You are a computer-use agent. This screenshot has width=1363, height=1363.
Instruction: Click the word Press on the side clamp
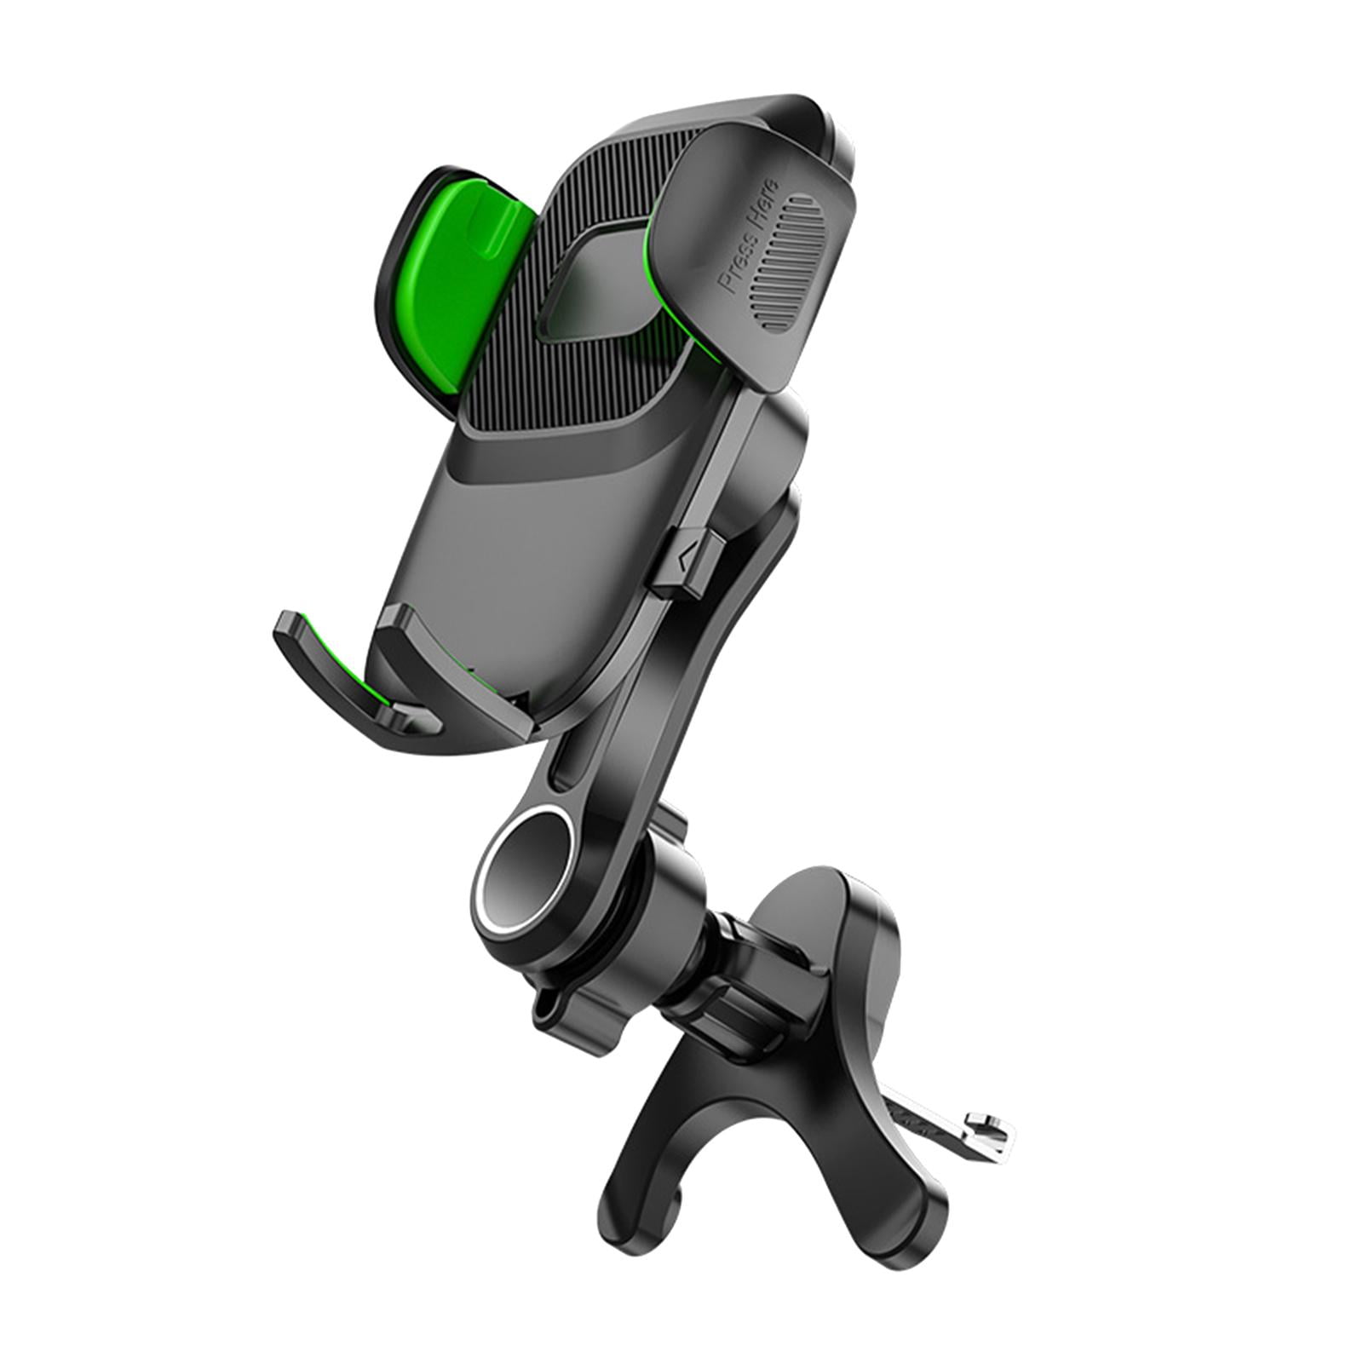pyautogui.click(x=738, y=267)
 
